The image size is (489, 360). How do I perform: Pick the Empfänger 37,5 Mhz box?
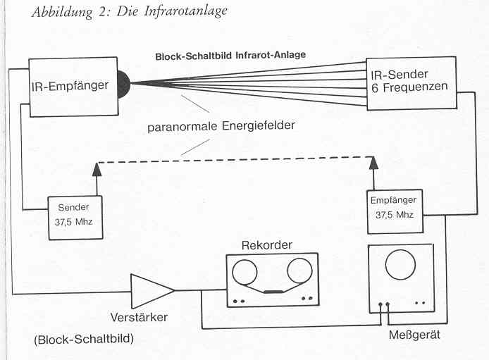(x=395, y=210)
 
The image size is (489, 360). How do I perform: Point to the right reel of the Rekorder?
(x=299, y=271)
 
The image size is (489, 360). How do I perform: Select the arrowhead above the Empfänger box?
(x=373, y=163)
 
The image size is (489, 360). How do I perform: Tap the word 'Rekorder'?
(x=267, y=245)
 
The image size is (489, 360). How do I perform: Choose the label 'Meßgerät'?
(x=414, y=335)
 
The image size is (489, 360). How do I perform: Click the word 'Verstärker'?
(x=139, y=317)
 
